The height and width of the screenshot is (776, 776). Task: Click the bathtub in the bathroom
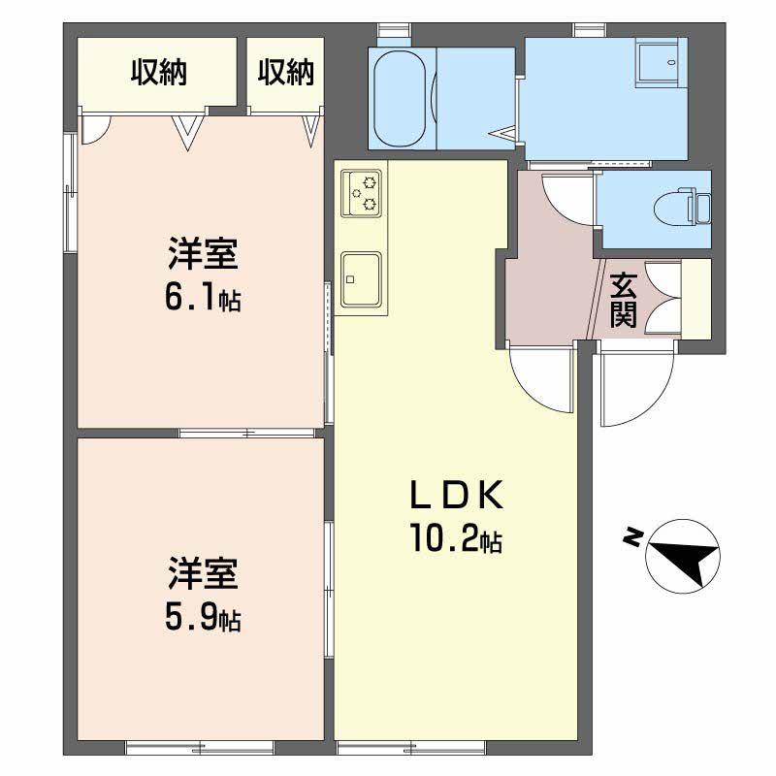(x=400, y=98)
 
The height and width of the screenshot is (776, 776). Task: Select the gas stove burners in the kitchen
(x=362, y=193)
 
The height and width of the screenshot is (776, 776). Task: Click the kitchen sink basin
(x=361, y=279)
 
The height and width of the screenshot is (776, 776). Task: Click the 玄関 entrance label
(x=623, y=300)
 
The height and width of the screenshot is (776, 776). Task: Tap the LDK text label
(x=457, y=495)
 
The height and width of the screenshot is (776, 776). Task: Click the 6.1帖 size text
(x=203, y=298)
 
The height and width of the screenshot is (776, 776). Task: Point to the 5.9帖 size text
(x=203, y=617)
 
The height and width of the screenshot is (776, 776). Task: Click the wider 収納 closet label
(x=159, y=72)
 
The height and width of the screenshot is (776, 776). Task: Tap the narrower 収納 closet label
(x=286, y=72)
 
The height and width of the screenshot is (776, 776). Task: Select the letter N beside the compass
(x=632, y=537)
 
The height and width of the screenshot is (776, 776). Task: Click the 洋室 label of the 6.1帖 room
(x=203, y=253)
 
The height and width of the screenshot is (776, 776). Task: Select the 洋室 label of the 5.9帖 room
(x=203, y=573)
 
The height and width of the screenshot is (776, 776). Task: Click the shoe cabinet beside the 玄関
(x=696, y=299)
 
